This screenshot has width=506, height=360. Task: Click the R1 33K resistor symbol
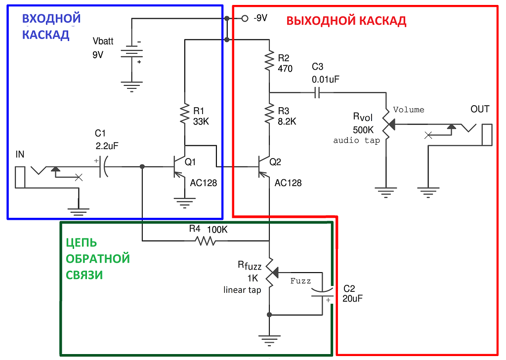[185, 114]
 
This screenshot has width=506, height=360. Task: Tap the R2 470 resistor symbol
[269, 61]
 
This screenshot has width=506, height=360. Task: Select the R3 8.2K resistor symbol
[269, 114]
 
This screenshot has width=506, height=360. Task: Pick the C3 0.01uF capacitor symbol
[317, 92]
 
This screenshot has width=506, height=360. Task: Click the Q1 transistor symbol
[177, 167]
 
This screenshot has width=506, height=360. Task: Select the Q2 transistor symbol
[263, 167]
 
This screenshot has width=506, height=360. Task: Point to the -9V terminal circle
[244, 18]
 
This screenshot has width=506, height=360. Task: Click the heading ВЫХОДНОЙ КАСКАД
[346, 21]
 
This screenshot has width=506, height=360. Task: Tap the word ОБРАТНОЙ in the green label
[98, 259]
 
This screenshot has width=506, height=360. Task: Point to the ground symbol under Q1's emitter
[185, 202]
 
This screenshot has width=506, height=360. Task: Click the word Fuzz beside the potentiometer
[300, 281]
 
